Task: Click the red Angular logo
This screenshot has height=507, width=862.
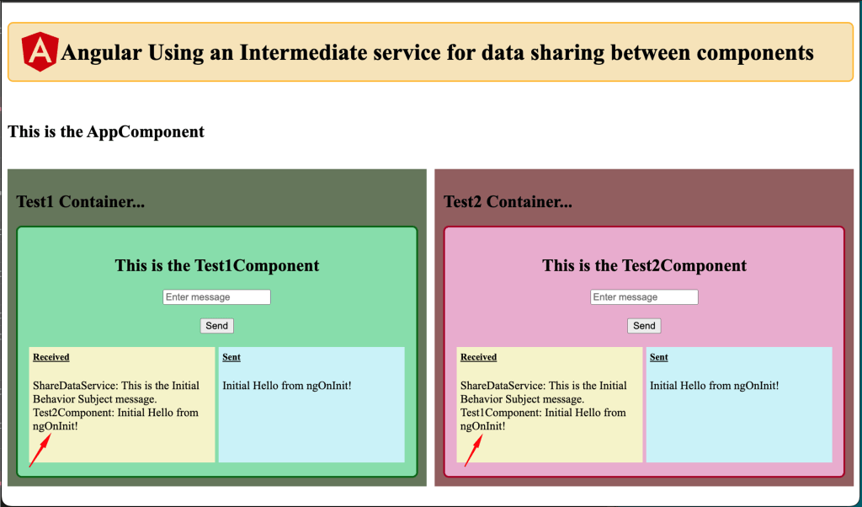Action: coord(40,51)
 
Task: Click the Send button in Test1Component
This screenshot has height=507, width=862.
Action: coord(216,326)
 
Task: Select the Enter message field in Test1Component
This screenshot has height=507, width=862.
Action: coord(216,297)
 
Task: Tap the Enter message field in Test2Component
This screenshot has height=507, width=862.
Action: coord(644,297)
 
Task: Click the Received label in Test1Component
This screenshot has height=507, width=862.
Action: coord(51,357)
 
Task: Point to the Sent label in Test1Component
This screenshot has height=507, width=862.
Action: coord(231,357)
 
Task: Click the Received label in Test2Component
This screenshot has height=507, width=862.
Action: coord(478,357)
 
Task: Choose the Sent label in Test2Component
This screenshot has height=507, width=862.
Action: coord(658,357)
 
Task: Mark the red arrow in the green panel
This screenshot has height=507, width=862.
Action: coord(40,451)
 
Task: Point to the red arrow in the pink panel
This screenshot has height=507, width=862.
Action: coord(474,451)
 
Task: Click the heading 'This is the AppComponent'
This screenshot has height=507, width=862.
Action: coord(106,132)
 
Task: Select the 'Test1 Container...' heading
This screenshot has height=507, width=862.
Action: coord(80,202)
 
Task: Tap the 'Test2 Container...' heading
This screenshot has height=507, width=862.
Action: coord(508,202)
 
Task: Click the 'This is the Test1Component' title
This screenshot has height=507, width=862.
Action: coord(216,265)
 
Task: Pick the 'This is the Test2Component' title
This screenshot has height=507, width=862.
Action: coord(644,265)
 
